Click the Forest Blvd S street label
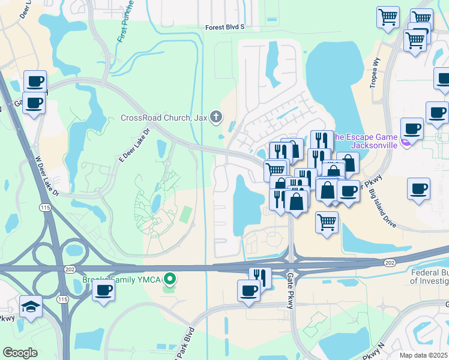coord(225,27)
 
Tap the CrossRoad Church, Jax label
coord(164,118)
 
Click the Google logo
coord(20,353)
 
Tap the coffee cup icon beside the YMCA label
coord(103,291)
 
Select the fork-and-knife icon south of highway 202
coord(260,277)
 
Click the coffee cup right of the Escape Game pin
coord(412,128)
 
